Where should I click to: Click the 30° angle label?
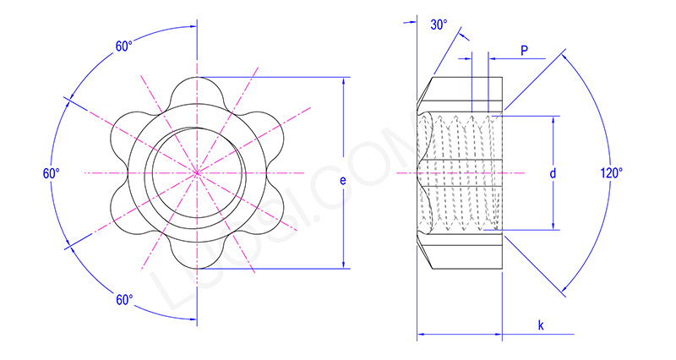[439, 25]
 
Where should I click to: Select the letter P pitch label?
[524, 51]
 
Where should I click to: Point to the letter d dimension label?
[552, 173]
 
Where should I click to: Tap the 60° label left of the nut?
[52, 173]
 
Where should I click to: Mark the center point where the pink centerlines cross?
[197, 172]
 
